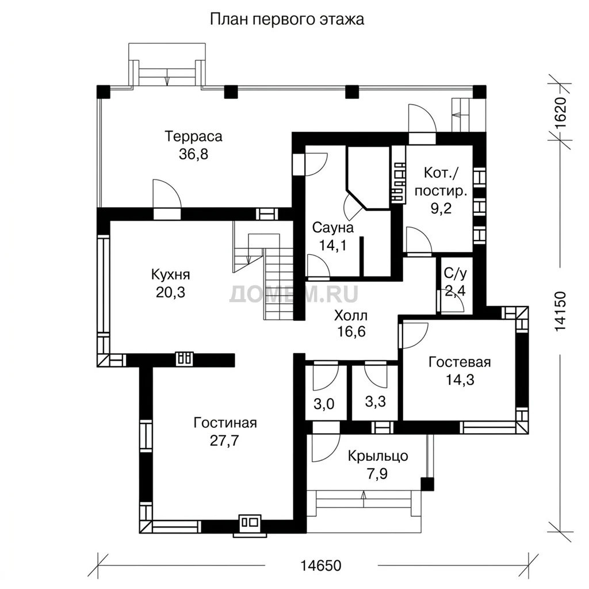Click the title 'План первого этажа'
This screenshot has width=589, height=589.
tap(286, 19)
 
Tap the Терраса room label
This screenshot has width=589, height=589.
tap(193, 136)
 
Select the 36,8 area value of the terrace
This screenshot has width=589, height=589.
tap(193, 154)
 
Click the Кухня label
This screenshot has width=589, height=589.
tap(170, 274)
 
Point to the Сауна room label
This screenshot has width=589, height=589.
tap(333, 227)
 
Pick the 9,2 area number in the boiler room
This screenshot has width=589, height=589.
tap(441, 208)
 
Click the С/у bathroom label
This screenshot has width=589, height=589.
tap(456, 273)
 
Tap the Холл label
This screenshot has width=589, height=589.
tap(351, 315)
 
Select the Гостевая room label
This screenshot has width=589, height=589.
tap(460, 362)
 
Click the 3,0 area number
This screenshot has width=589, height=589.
tap(324, 404)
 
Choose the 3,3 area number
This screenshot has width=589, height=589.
tap(375, 401)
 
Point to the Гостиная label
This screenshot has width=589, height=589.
tap(225, 423)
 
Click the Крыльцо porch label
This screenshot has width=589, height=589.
tap(378, 456)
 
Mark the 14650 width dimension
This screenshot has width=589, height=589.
tap(321, 565)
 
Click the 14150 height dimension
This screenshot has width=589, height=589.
tap(560, 311)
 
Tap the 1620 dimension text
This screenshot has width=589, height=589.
tap(560, 113)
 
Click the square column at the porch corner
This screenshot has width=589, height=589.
tap(427, 484)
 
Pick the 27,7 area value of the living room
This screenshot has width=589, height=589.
tap(224, 441)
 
